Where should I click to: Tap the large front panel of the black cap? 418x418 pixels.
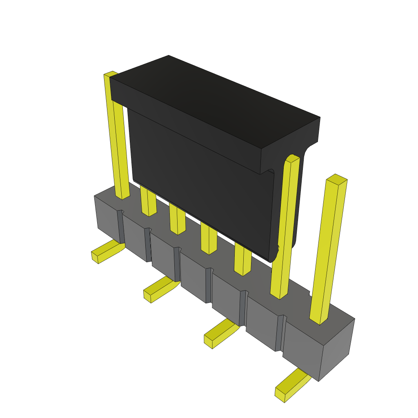tap(200, 184)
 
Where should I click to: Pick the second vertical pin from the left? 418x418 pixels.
tap(148, 202)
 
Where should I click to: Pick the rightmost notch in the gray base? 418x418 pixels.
tap(280, 333)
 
